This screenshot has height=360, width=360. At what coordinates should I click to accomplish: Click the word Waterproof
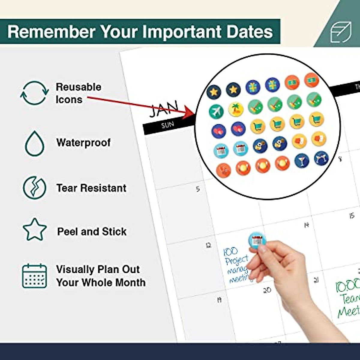[x=83, y=143]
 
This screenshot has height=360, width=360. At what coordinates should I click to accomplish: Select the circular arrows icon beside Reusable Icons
[x=34, y=93]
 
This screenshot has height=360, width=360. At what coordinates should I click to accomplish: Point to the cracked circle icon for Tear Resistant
[x=35, y=188]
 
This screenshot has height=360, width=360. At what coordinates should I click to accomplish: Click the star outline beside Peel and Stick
[x=35, y=230]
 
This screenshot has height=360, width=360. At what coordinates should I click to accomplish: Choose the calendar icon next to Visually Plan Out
[x=34, y=276]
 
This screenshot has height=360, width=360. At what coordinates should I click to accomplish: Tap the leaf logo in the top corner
[x=341, y=31]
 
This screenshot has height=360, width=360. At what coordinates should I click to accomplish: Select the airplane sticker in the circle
[x=216, y=111]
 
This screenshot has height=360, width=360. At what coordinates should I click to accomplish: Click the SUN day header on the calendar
[x=167, y=125]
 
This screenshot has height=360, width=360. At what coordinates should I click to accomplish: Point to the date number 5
[x=198, y=189]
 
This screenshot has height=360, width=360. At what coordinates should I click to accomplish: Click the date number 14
[x=306, y=225]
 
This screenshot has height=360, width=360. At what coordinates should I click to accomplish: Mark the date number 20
[x=267, y=290]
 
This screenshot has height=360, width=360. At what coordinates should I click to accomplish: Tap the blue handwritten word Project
[x=237, y=260]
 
